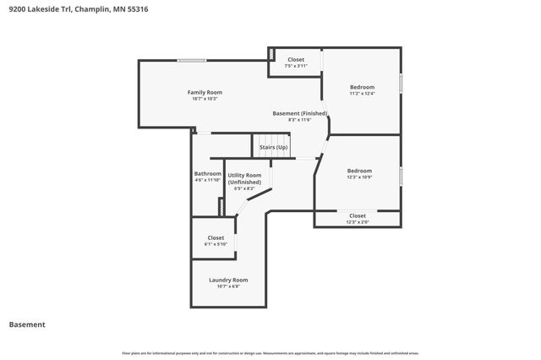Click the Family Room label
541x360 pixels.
pyautogui.click(x=205, y=91)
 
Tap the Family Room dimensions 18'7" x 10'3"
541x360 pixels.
pyautogui.click(x=205, y=99)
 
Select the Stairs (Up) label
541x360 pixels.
pyautogui.click(x=273, y=148)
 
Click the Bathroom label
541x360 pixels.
pyautogui.click(x=208, y=173)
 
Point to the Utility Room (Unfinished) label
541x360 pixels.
pyautogui.click(x=244, y=178)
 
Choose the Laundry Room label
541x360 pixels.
pyautogui.click(x=228, y=280)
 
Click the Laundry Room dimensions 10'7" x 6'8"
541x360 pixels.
pyautogui.click(x=228, y=287)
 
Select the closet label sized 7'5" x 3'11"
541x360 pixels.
pyautogui.click(x=296, y=59)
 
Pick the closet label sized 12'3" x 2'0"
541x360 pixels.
pyautogui.click(x=358, y=215)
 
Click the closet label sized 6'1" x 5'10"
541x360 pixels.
pyautogui.click(x=216, y=237)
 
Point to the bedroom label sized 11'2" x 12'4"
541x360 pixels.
pyautogui.click(x=362, y=87)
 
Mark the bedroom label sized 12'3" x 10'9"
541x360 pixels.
pyautogui.click(x=359, y=171)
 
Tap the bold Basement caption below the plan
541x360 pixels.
pyautogui.click(x=27, y=325)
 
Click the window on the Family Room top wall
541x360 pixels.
pyautogui.click(x=192, y=60)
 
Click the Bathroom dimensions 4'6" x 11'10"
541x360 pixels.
pyautogui.click(x=208, y=180)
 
